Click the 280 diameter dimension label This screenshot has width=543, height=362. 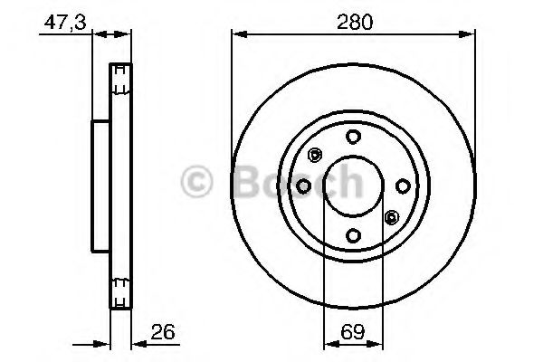[355, 22]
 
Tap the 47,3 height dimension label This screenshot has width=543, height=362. [65, 23]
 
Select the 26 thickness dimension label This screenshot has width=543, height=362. [163, 332]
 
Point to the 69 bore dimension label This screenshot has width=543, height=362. [353, 332]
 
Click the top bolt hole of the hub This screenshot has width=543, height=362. [353, 137]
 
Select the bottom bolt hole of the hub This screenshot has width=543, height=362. [353, 236]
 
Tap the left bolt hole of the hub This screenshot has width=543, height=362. [304, 186]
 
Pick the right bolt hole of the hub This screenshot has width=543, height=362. [403, 186]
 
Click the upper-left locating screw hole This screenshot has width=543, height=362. [315, 155]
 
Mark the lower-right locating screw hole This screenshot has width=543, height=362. [392, 217]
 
